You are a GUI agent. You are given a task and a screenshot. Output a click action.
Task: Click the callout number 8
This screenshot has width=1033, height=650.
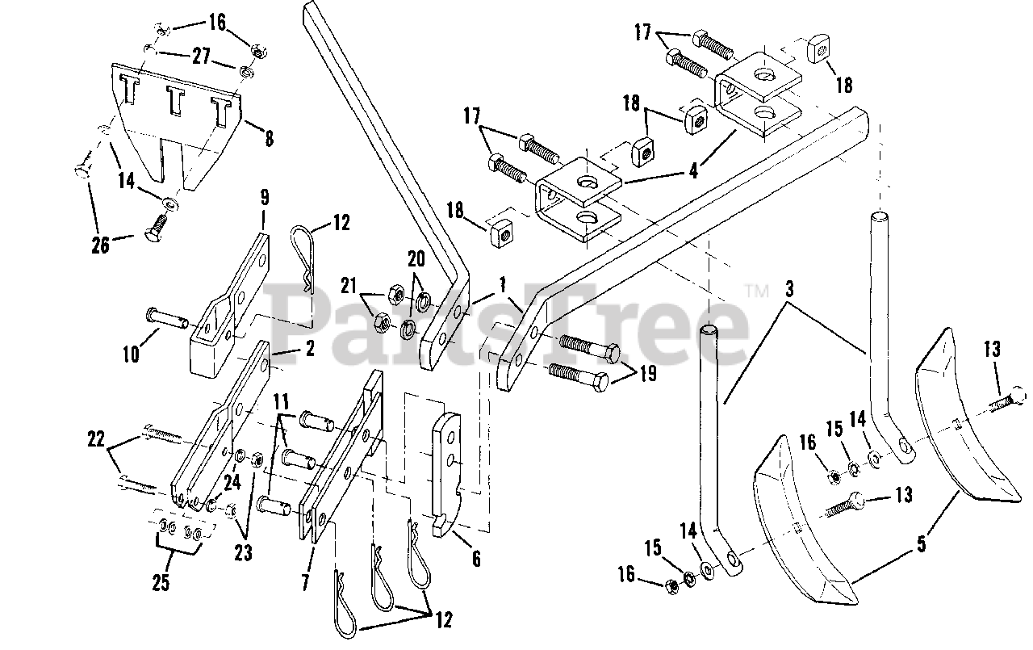coord(268,138)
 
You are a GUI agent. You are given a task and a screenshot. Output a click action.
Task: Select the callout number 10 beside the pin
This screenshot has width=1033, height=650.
coord(131,353)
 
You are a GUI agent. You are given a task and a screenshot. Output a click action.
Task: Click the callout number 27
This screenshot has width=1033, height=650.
coord(199,57)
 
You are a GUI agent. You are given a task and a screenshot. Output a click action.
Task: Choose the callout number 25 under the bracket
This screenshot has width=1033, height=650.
coord(161,583)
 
